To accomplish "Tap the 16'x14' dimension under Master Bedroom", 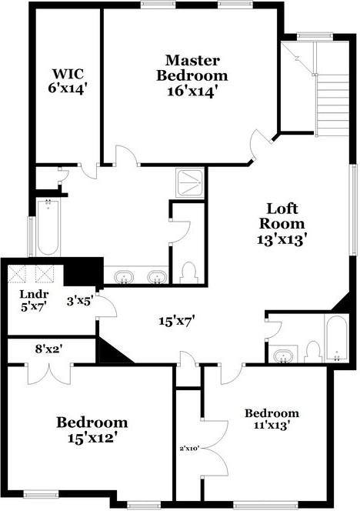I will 192,90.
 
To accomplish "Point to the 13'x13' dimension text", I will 288,239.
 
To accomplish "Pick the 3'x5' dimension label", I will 79,301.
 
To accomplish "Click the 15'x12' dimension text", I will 92,439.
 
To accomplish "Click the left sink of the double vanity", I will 123,276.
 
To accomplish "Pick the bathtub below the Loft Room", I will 337,339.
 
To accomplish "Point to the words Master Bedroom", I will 192,68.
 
